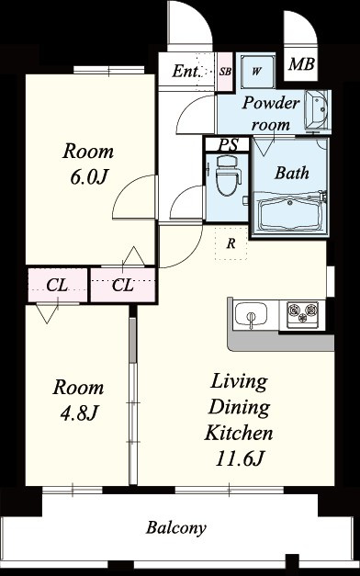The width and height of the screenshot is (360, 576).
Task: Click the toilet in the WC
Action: [228, 175]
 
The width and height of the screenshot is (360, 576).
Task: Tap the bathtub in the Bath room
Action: [290, 215]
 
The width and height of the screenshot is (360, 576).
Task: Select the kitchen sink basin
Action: [251, 314]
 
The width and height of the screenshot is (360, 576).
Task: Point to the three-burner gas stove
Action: [302, 312]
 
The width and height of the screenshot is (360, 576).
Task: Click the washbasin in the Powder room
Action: [317, 110]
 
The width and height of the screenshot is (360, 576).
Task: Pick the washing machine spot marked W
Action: [257, 71]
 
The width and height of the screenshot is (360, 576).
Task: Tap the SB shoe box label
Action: [225, 72]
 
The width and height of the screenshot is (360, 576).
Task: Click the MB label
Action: [301, 64]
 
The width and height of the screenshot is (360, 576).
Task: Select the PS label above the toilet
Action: [228, 144]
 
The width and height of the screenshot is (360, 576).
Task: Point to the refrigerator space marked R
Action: [231, 243]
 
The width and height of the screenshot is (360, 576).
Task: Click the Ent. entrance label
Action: [186, 71]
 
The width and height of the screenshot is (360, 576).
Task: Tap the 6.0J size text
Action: [88, 177]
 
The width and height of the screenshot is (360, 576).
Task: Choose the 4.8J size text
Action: [78, 413]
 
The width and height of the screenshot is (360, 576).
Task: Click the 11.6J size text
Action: [240, 458]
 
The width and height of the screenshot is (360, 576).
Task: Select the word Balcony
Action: [176, 528]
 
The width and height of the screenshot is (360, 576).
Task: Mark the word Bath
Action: [292, 173]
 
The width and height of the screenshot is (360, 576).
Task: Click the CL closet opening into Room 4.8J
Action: [58, 286]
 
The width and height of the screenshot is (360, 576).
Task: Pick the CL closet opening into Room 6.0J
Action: [123, 286]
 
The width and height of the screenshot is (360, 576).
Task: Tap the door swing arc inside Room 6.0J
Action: [125, 187]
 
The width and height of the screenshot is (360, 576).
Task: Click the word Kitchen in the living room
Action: [239, 433]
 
